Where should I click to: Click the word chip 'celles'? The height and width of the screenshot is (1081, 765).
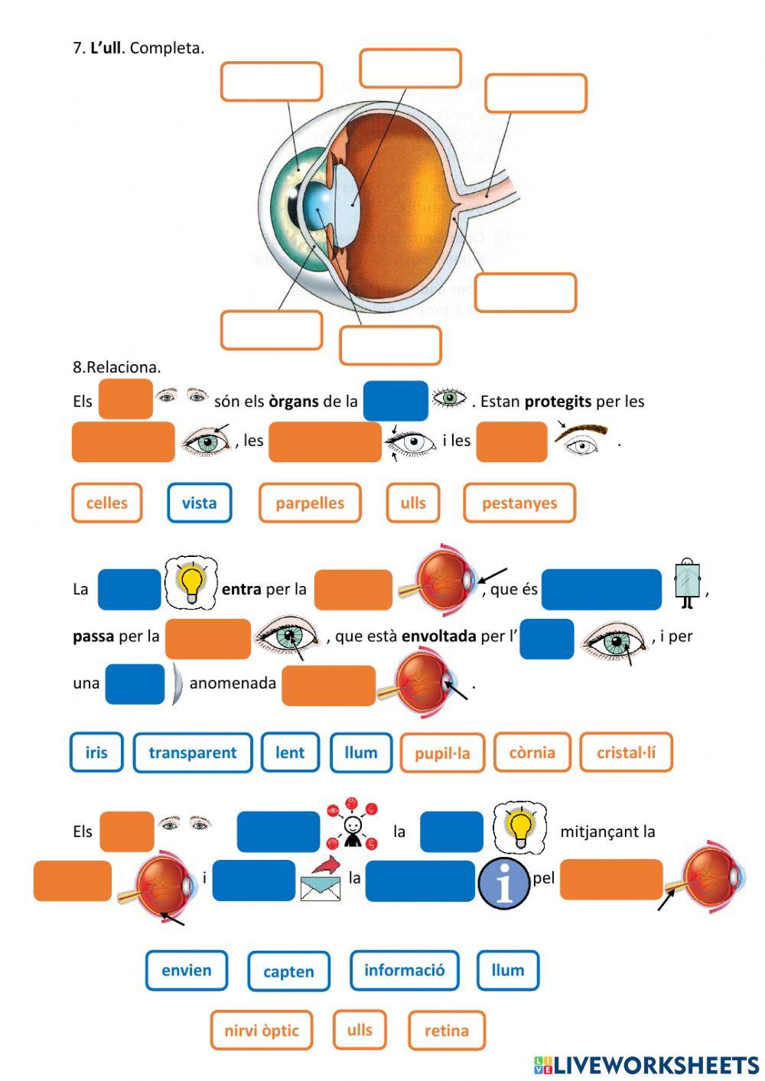point(107,503)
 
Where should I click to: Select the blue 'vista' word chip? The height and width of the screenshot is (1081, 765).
point(199,503)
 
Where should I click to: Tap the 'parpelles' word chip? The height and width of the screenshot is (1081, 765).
point(310,503)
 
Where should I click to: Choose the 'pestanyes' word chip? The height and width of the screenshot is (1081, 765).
point(519,503)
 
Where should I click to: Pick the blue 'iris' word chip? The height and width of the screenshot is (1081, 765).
point(96,753)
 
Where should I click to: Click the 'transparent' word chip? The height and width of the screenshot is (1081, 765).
point(193,753)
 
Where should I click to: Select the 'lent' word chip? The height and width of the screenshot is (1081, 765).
point(290,753)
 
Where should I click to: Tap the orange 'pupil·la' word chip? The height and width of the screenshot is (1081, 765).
point(442,754)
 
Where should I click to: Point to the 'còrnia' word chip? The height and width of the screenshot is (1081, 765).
point(532,753)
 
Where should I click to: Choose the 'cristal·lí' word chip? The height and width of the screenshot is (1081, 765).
point(627,753)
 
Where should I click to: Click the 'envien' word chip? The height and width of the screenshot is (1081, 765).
point(187,971)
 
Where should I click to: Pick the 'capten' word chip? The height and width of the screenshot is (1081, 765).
point(288,972)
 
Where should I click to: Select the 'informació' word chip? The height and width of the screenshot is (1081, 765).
point(404,971)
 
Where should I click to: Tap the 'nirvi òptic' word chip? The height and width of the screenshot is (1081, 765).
point(262,1031)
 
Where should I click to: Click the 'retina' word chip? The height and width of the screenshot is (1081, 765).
point(447,1031)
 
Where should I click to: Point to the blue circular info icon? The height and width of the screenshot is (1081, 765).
point(504,884)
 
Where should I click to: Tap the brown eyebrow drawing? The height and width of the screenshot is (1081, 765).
point(583,432)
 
